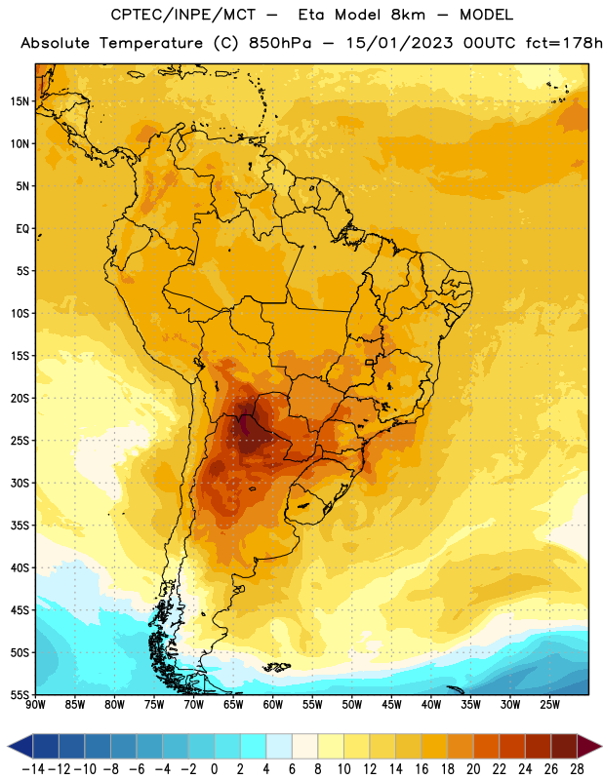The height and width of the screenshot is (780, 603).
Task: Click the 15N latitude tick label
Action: click(20, 101)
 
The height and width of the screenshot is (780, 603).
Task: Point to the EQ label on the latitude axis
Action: click(22, 229)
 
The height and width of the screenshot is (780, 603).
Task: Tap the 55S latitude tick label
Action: click(20, 695)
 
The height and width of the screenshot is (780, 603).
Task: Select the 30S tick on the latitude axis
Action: click(20, 483)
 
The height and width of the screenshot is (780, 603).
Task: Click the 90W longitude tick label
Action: click(35, 705)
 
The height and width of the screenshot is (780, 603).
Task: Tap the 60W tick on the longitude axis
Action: click(273, 705)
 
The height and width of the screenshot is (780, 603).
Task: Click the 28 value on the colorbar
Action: click(577, 769)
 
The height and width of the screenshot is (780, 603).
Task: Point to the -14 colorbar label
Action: click(33, 769)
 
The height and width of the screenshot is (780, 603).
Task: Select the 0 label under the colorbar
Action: click(214, 769)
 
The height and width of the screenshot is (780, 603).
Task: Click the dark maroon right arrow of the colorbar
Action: click(589, 747)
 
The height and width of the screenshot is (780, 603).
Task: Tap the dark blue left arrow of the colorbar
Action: click(20, 747)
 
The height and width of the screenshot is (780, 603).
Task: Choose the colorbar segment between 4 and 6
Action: click(279, 747)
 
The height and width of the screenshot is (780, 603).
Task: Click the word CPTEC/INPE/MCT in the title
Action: click(182, 15)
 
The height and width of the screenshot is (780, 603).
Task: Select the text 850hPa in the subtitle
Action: click(280, 43)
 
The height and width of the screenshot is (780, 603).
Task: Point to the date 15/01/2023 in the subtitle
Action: click(399, 43)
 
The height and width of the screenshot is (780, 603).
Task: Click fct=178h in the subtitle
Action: click(564, 43)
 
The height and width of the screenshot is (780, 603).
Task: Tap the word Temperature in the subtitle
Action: click(151, 43)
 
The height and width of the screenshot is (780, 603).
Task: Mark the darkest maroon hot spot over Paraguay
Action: click(245, 427)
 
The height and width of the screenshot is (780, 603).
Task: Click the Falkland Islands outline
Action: click(277, 667)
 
